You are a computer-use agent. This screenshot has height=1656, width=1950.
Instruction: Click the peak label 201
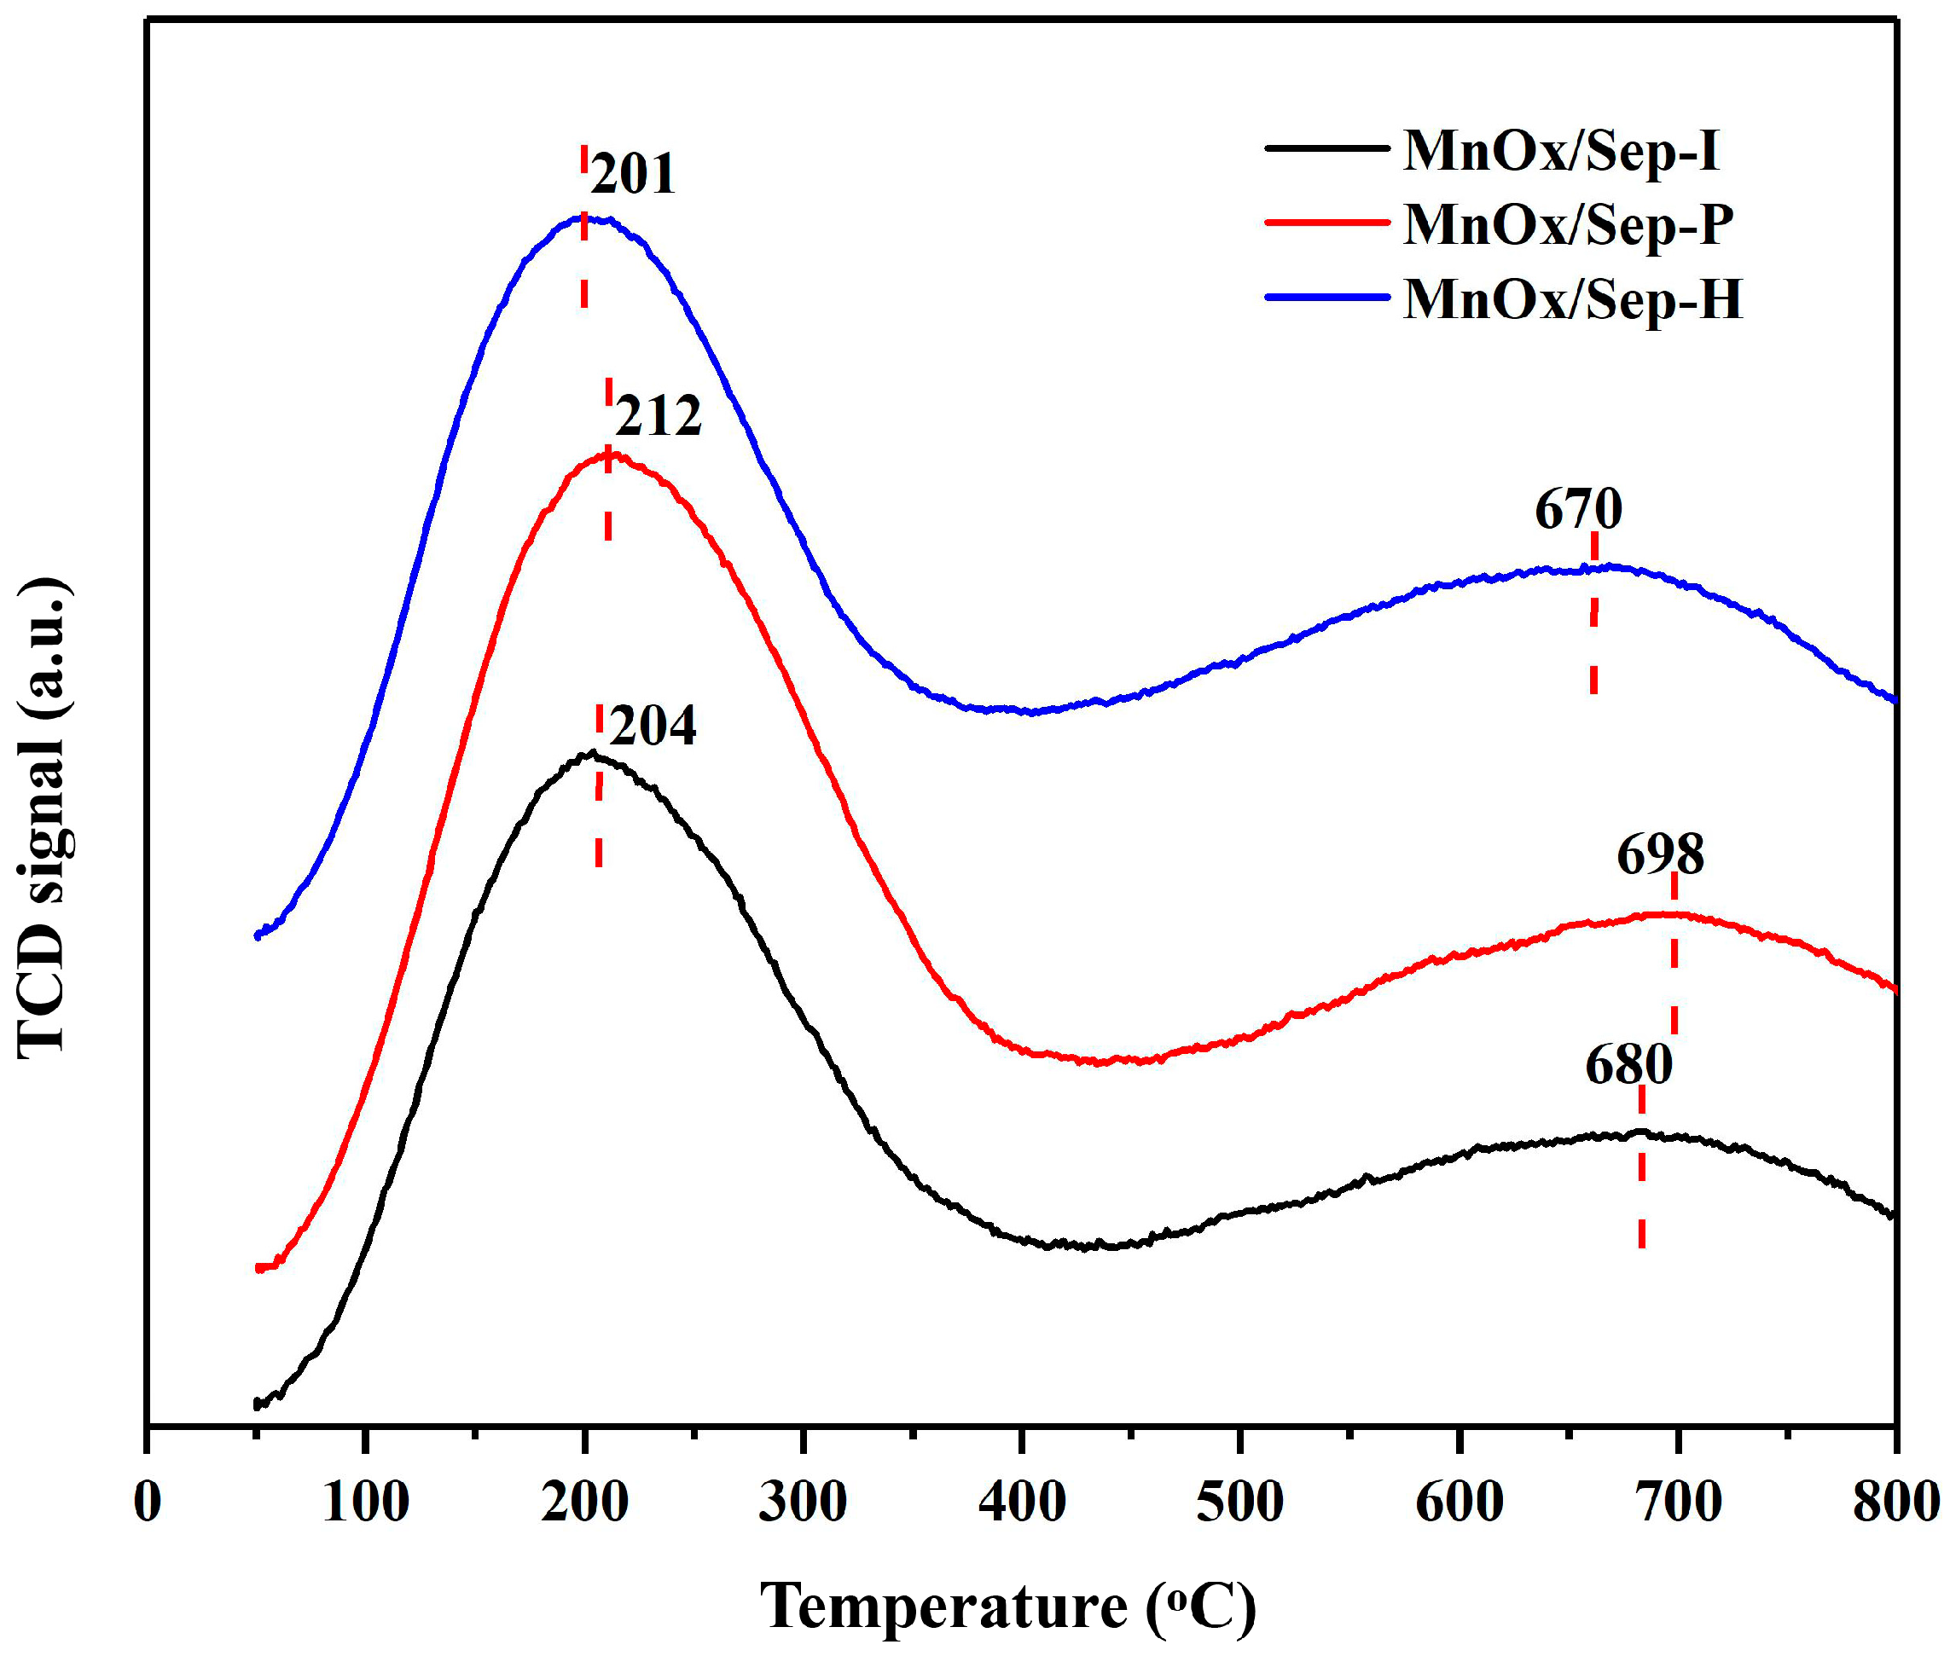pos(633,176)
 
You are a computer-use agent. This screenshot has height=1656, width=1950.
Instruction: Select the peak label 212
pos(659,417)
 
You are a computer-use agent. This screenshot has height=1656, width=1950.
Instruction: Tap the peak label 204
pos(653,726)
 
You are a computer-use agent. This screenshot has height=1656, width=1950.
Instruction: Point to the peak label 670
pos(1577,511)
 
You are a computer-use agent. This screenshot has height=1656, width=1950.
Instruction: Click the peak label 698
pos(1659,855)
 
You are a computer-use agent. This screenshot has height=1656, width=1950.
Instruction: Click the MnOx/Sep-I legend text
pos(1560,150)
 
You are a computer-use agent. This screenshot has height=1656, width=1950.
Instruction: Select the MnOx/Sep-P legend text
pos(1568,224)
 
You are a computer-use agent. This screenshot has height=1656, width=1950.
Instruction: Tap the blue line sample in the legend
pos(1326,297)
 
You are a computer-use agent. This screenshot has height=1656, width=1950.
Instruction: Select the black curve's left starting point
pos(256,1404)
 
